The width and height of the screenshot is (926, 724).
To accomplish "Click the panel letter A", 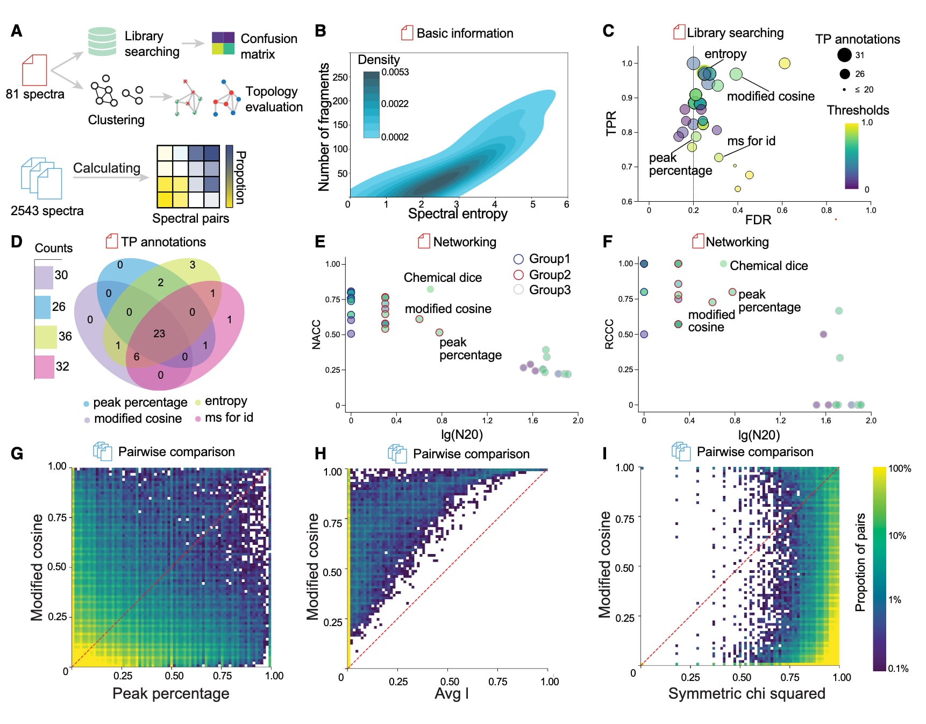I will (x=17, y=31).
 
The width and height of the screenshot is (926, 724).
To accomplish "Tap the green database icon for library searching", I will (x=102, y=41).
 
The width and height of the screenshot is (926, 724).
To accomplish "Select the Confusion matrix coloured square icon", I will (x=223, y=43).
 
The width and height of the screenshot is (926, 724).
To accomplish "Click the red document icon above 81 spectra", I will (x=34, y=70).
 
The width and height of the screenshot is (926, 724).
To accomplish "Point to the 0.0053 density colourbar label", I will (x=395, y=73).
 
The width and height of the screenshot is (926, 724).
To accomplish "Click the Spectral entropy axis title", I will (x=458, y=214).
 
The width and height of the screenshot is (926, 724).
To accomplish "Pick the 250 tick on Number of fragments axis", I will (x=340, y=77).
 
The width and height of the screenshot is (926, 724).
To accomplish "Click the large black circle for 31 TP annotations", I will (x=844, y=55).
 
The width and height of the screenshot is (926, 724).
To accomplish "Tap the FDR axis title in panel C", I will (x=758, y=219).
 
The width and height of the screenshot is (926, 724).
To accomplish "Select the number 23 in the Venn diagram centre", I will (x=159, y=333).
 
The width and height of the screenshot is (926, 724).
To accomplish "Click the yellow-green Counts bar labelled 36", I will (x=46, y=337).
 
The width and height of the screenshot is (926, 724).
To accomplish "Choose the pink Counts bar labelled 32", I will (x=45, y=367).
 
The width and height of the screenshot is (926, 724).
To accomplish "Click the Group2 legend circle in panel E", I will (x=518, y=275).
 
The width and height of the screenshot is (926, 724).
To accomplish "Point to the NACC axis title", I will (x=316, y=335).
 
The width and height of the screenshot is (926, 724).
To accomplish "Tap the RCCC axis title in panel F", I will (x=609, y=334).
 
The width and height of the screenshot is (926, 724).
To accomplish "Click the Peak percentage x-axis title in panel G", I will (x=170, y=693).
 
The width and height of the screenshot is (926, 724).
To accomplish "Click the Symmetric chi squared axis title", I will (x=746, y=693).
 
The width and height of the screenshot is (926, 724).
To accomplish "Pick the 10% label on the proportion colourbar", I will (x=897, y=536).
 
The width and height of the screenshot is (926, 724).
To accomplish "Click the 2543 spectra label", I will (x=47, y=211).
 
